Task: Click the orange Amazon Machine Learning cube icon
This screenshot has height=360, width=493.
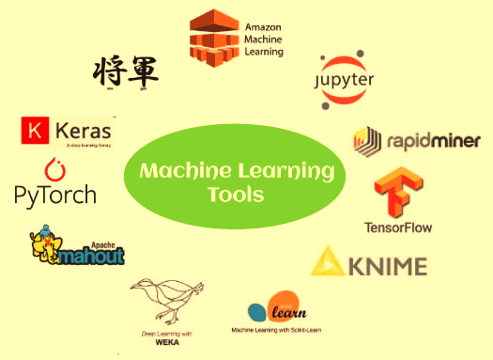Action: coord(213,35)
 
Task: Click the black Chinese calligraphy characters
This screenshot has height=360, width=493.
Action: coord(126,70)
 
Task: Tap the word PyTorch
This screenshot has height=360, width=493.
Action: coord(55,195)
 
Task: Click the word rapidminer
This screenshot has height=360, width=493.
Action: coord(432,142)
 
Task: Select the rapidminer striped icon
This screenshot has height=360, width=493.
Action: coord(365,142)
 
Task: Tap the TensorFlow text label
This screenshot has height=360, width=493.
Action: coord(399,227)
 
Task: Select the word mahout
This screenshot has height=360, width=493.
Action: coord(92,254)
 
